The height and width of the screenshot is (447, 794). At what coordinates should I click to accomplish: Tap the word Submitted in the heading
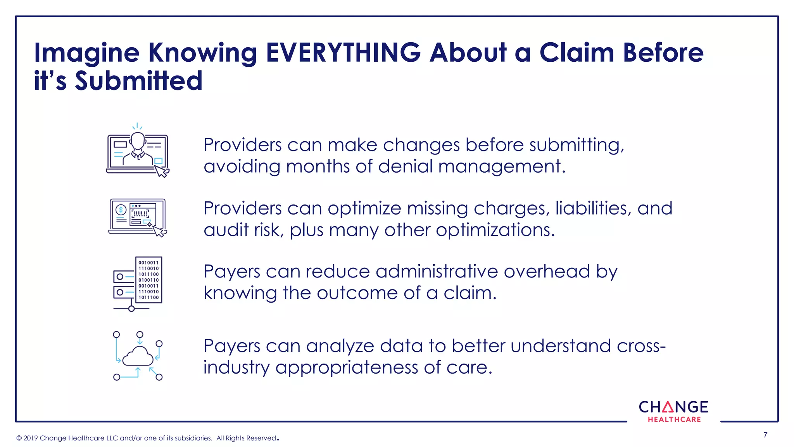click(138, 81)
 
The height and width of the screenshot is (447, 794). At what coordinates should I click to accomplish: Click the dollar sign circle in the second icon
click(121, 210)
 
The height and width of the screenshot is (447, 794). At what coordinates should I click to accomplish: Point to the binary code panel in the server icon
click(148, 280)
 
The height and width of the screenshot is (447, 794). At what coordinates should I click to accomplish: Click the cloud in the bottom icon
click(138, 356)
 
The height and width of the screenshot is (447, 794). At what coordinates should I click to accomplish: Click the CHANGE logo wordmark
click(673, 407)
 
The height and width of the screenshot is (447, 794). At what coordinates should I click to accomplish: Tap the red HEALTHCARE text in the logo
click(674, 419)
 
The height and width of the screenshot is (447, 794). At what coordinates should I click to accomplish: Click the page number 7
click(765, 435)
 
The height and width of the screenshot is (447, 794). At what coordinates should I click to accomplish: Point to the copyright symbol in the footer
click(19, 438)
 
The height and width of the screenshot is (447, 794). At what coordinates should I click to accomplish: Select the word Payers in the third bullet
click(232, 271)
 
